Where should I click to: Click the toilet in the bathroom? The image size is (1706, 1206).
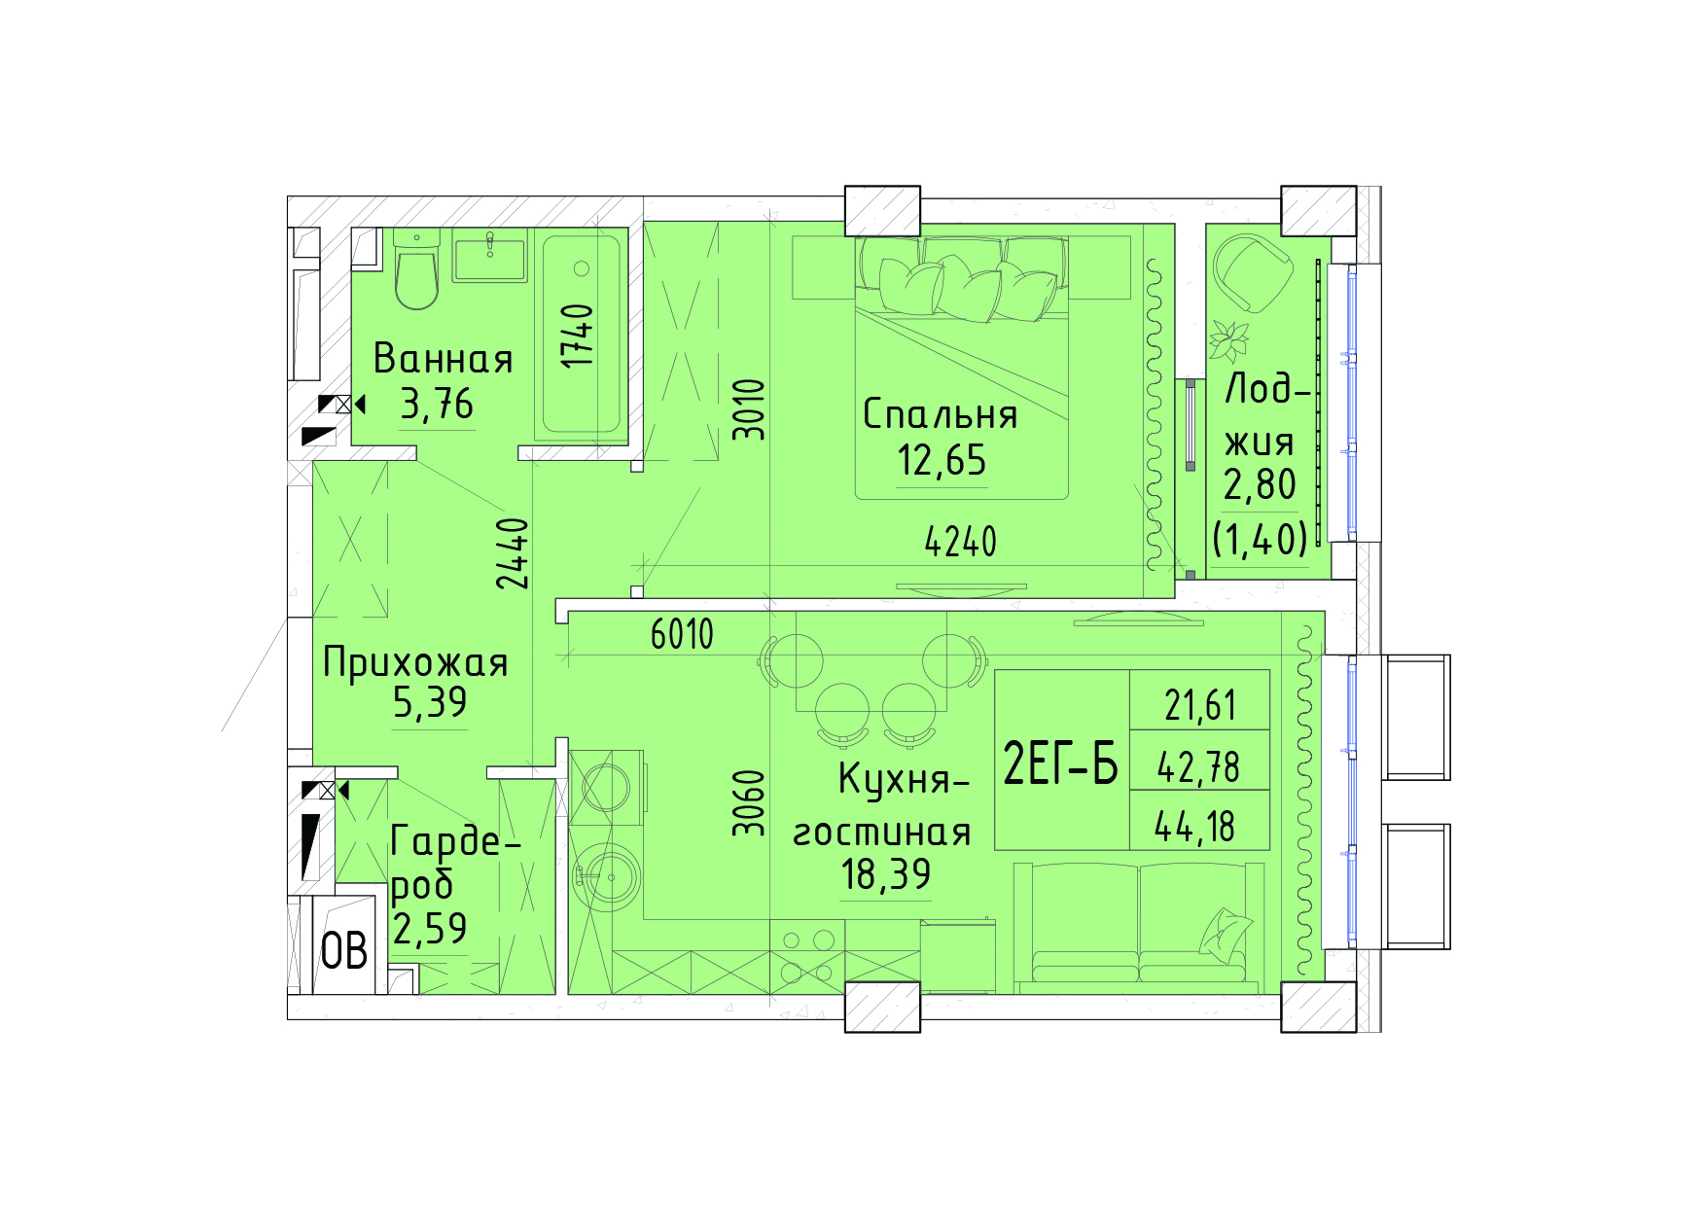pyautogui.click(x=417, y=269)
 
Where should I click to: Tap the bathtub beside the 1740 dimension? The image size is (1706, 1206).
pyautogui.click(x=582, y=335)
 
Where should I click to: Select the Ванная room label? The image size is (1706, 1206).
pyautogui.click(x=444, y=359)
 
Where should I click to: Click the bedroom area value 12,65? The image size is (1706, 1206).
pyautogui.click(x=942, y=460)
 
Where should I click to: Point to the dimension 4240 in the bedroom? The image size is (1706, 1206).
pyautogui.click(x=961, y=542)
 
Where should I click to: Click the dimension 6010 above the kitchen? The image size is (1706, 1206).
pyautogui.click(x=682, y=635)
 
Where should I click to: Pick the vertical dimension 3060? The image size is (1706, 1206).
pyautogui.click(x=749, y=803)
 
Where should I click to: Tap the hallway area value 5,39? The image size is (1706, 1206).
pyautogui.click(x=430, y=702)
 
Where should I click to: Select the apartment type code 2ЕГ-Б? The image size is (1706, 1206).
pyautogui.click(x=1061, y=763)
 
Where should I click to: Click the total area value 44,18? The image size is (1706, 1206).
pyautogui.click(x=1195, y=827)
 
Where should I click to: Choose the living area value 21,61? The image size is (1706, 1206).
pyautogui.click(x=1200, y=705)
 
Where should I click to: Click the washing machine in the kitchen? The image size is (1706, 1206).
pyautogui.click(x=606, y=787)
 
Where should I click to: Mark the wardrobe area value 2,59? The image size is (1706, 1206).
pyautogui.click(x=430, y=929)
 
